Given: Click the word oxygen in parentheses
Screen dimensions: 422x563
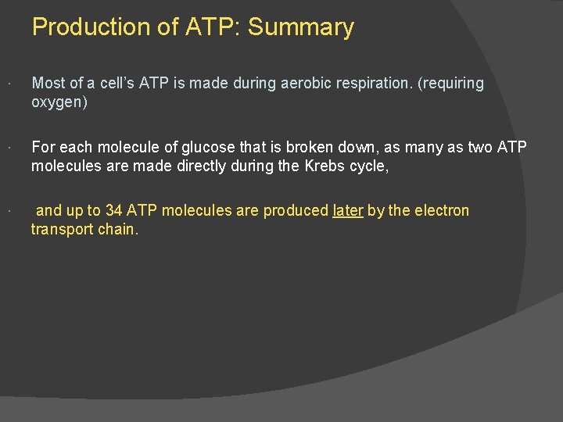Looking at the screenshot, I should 56,102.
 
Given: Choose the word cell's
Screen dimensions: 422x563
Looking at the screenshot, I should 115,84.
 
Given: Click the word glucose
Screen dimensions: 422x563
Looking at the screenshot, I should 208,147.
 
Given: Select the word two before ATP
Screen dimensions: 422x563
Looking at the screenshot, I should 481,147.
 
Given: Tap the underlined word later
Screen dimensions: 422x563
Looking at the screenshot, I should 348,211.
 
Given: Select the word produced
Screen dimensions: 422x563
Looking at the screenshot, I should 296,211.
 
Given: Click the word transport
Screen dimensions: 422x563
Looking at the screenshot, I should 61,230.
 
